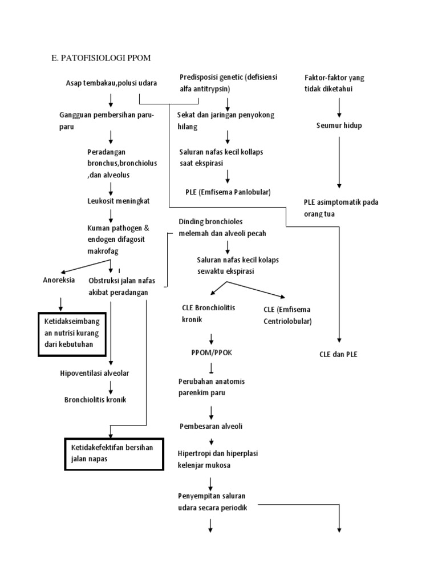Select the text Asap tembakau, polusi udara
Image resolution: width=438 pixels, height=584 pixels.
(111, 83)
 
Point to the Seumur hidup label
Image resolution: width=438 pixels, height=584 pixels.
(339, 125)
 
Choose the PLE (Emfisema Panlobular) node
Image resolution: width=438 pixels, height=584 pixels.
(228, 192)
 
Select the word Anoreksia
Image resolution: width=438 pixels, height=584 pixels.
(59, 280)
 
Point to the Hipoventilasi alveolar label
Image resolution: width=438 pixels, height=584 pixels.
(95, 373)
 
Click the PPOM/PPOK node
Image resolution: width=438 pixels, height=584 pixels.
(212, 353)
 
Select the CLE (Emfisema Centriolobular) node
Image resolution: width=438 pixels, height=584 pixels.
(287, 315)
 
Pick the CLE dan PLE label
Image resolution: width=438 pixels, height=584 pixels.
(338, 354)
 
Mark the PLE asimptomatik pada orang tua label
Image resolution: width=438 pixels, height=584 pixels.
(341, 208)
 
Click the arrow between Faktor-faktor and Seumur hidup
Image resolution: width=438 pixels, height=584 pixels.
(339, 107)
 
